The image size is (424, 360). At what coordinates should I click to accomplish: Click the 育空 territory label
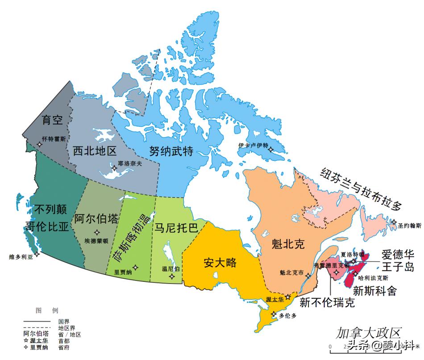(x=53, y=119)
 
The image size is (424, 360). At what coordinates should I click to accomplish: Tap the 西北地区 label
(x=94, y=151)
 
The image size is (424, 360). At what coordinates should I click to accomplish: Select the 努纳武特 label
(x=172, y=151)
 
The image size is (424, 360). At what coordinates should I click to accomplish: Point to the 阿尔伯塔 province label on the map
(x=96, y=219)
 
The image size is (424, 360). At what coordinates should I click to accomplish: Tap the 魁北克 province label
(x=288, y=244)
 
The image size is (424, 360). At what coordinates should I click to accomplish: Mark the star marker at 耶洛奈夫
(x=115, y=168)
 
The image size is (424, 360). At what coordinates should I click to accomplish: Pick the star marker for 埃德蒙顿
(x=97, y=232)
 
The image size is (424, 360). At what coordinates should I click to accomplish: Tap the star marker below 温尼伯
(x=172, y=276)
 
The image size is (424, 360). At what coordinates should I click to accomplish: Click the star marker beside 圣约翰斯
(x=394, y=222)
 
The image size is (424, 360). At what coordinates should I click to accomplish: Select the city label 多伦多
(x=287, y=315)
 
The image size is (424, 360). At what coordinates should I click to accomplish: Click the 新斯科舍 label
(x=374, y=291)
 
